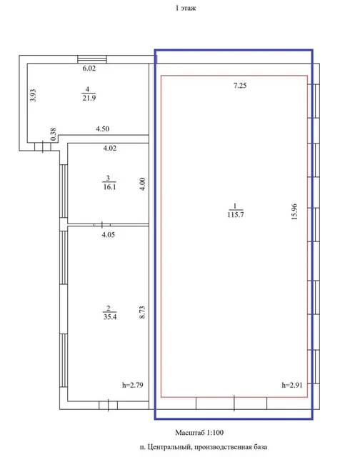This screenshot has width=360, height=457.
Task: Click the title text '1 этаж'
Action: coord(186,8)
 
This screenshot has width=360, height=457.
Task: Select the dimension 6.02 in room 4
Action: coord(89,69)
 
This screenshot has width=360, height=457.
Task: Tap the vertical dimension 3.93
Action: coord(34,95)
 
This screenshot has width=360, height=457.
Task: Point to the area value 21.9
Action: coord(89,98)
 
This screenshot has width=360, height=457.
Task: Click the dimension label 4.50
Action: coord(103,129)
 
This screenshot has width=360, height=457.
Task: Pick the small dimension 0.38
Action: coord(53,134)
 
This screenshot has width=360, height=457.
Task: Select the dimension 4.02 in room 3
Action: coord(109,148)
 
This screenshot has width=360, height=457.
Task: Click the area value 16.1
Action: coord(109,187)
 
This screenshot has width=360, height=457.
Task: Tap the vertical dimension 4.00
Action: coord(143,184)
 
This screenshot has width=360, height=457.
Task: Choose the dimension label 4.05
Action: coord(109,235)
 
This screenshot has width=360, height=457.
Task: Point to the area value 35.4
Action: coord(110,316)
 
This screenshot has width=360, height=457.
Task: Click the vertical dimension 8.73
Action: coord(142,312)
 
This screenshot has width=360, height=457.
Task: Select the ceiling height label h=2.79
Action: coord(133,385)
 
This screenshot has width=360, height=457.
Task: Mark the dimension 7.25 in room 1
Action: coord(240,86)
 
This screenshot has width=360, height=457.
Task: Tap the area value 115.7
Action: coord(236,215)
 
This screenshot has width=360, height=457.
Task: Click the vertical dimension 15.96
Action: coord(295,211)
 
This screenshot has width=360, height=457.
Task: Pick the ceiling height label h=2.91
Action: coord(292,385)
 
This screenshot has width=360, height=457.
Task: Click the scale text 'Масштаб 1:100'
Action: coord(199,433)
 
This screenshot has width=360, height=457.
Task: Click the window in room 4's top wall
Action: coord(92,59)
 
